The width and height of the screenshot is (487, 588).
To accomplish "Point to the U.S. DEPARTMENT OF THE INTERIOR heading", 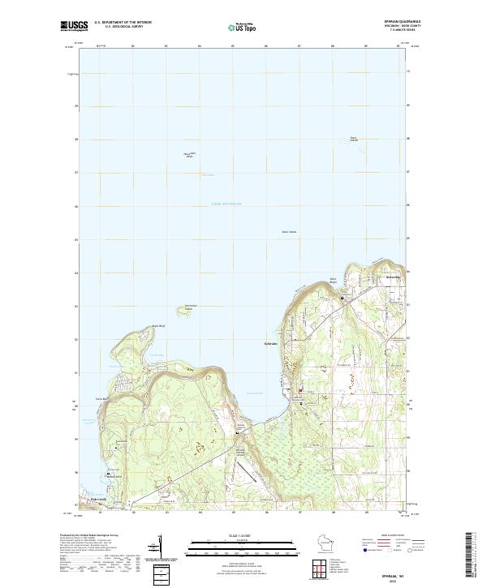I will tap(123, 22).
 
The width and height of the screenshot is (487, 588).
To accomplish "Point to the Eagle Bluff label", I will tap(148, 327).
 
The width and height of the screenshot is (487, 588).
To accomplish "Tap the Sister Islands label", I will tap(353, 139).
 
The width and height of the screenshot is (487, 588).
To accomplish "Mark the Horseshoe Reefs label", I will tap(189, 154).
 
